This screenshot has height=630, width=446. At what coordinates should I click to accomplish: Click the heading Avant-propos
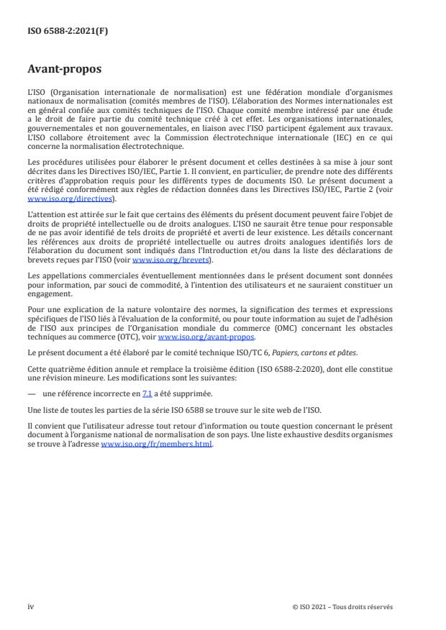64,71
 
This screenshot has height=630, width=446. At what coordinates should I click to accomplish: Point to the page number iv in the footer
30,607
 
